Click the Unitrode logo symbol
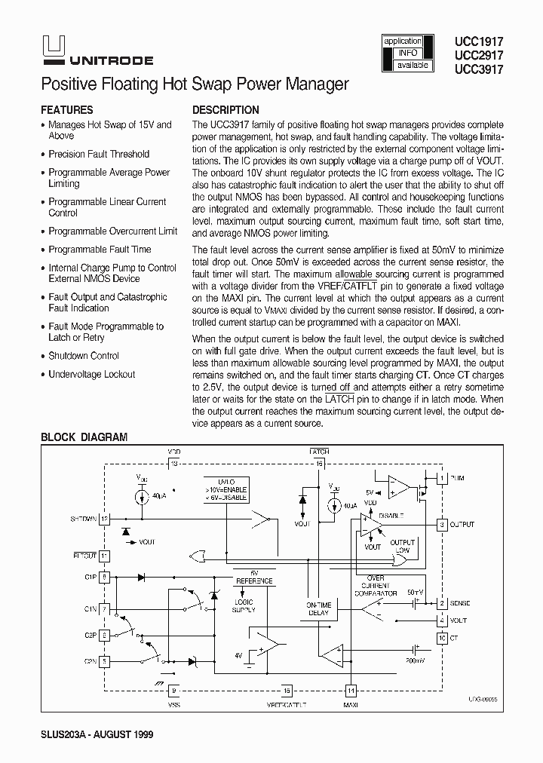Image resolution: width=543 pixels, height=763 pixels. [46, 48]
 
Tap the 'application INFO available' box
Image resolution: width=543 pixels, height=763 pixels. [407, 54]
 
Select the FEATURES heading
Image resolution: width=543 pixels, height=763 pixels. [67, 109]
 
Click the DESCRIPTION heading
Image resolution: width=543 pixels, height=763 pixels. [225, 109]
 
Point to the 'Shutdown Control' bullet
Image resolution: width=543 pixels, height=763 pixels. [84, 356]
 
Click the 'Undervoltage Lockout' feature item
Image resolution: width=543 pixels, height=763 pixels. [91, 374]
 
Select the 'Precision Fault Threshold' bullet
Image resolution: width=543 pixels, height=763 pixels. [99, 154]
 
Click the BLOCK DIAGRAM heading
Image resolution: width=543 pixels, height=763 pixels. [84, 437]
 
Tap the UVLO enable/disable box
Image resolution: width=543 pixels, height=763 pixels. [225, 490]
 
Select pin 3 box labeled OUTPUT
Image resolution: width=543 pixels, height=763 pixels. [442, 524]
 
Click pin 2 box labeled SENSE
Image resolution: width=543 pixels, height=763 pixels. [442, 603]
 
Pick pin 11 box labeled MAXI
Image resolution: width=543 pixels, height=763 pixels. [349, 689]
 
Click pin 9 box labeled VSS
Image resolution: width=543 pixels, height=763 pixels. [174, 689]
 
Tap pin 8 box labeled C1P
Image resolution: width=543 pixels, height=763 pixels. [105, 577]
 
